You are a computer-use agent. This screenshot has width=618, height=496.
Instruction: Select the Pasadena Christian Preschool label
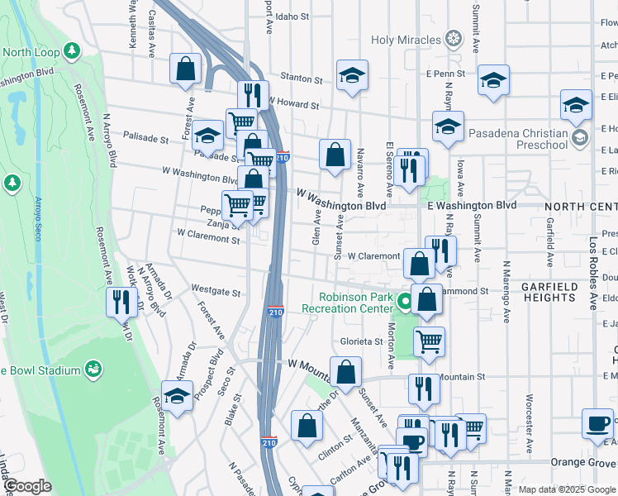tap(518, 140)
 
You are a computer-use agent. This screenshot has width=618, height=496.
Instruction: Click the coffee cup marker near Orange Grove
tap(597, 423)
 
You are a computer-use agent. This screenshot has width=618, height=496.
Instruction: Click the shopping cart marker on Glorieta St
tap(429, 340)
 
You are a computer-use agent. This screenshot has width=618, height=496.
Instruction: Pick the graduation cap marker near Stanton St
tap(352, 75)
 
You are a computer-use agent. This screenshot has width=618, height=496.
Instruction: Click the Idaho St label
tap(292, 16)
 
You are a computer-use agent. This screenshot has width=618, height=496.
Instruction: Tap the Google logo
tap(28, 487)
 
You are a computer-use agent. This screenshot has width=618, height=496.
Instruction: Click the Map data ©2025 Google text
tap(566, 489)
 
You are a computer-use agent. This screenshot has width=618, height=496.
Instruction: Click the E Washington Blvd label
tap(472, 205)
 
